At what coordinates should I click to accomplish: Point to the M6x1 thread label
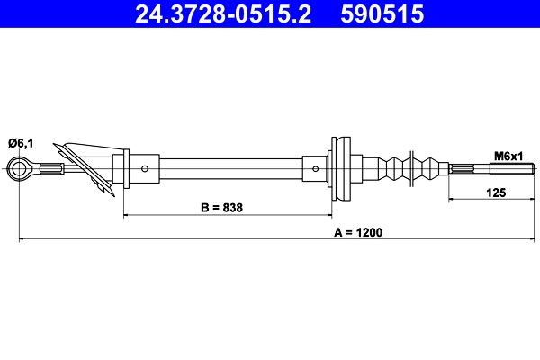508,156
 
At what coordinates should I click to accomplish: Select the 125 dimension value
496,192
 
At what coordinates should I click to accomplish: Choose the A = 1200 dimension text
358,231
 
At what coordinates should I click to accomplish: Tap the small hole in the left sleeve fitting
146,167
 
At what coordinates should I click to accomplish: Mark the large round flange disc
341,167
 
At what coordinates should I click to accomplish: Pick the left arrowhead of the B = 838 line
126,216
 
